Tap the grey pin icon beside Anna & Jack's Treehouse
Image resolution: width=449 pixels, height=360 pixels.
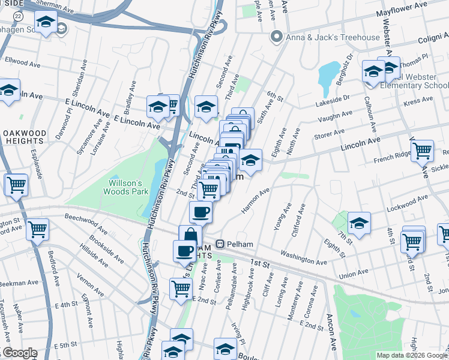click(277, 37)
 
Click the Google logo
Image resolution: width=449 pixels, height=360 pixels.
click(19, 353)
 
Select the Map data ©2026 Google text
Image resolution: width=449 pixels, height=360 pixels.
click(412, 355)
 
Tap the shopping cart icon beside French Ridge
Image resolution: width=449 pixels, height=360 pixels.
click(423, 150)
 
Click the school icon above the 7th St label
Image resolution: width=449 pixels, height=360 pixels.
click(359, 223)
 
